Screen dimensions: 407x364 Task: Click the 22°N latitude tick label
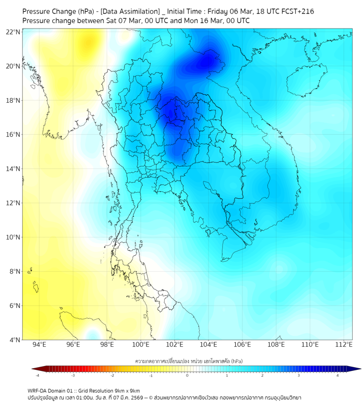coord(13,32)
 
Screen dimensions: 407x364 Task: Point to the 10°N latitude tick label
coord(13,237)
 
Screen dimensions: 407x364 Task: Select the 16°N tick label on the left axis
coord(13,135)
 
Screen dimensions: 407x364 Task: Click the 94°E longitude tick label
coord(39,345)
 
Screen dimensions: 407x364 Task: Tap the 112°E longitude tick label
coord(344,345)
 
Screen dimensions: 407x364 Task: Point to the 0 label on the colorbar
coord(187,376)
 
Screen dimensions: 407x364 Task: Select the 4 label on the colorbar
coord(338,376)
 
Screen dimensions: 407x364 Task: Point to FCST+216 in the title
coord(296,11)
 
